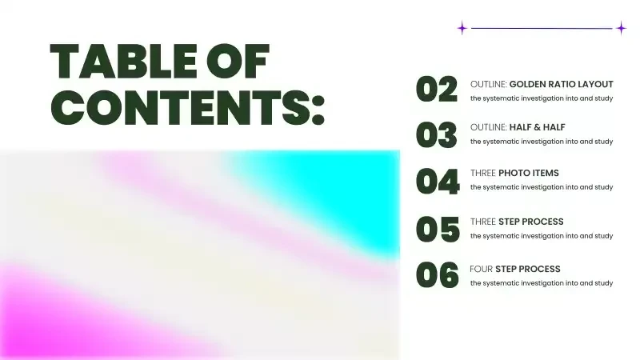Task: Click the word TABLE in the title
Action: point(123,62)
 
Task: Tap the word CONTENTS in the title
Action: point(179,108)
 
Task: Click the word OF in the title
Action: point(238,62)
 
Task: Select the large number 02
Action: point(437,89)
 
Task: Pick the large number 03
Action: point(436,135)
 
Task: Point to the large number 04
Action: point(438,182)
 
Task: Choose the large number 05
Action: point(438,230)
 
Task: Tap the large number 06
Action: point(437,275)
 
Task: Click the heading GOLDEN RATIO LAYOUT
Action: point(562,84)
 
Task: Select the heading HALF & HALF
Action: point(537,127)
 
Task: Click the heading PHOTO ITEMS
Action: point(529,173)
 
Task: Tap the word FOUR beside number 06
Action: point(482,269)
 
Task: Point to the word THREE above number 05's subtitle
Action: point(483,222)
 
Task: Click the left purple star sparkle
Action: point(462,28)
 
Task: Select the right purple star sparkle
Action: point(622,28)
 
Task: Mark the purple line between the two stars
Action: point(542,29)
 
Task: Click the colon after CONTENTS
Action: point(318,110)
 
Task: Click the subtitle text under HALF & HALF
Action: point(542,142)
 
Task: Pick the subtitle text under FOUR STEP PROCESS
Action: point(542,283)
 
